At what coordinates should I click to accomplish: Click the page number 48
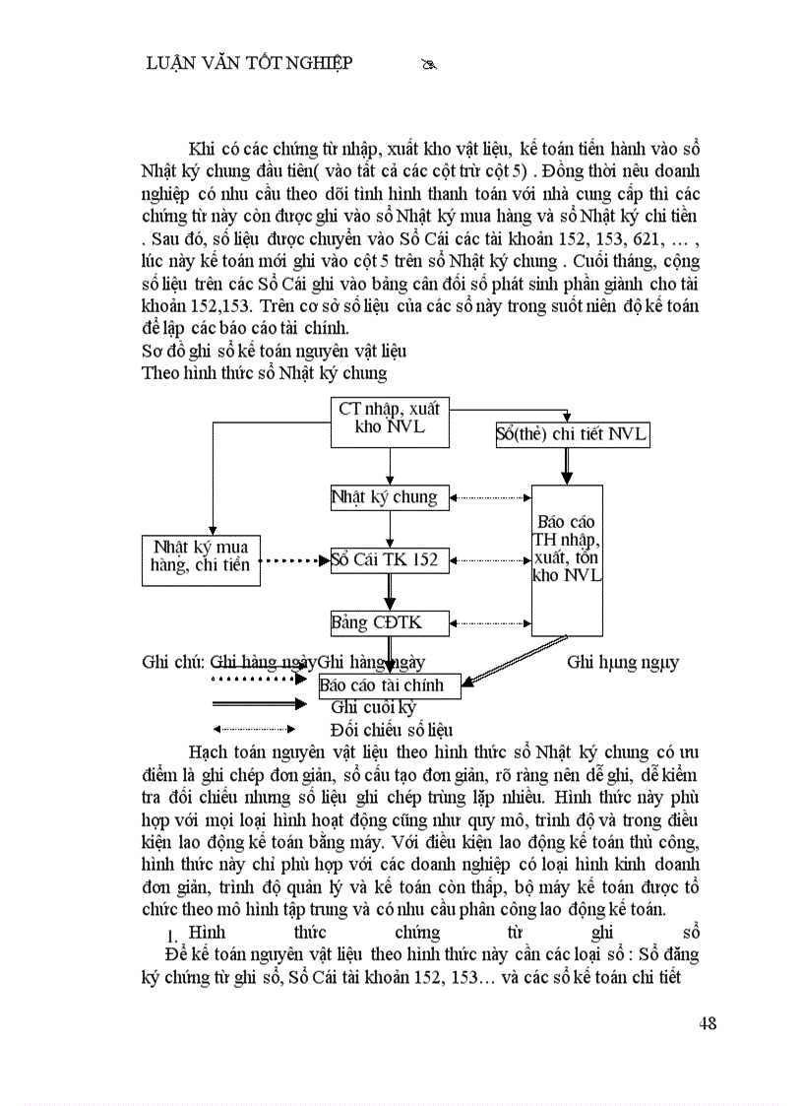(x=707, y=1022)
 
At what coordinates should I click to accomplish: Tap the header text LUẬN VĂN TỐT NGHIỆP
(x=249, y=64)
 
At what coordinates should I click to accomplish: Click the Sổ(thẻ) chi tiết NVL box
(x=572, y=433)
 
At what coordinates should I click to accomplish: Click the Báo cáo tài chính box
(x=390, y=685)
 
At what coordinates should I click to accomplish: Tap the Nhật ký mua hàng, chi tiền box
(x=201, y=556)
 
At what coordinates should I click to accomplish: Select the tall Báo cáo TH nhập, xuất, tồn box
(x=567, y=559)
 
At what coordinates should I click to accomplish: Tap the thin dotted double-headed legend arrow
(x=255, y=729)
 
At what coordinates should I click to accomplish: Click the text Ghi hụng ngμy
(x=623, y=662)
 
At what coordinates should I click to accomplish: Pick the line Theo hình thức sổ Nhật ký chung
(x=265, y=373)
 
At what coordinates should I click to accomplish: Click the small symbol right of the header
(x=428, y=65)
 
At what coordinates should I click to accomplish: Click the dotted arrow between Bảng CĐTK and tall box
(x=490, y=623)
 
